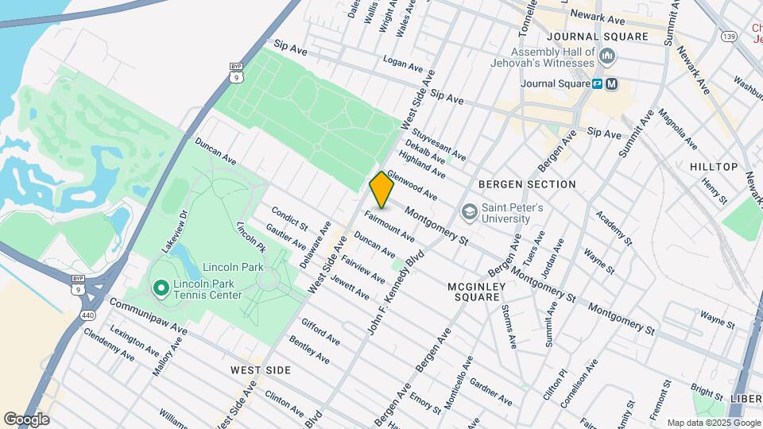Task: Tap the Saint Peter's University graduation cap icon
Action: [x=469, y=212]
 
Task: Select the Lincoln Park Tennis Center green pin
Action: [x=160, y=287]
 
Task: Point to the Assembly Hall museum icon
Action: [x=608, y=56]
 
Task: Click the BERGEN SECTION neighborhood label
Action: [x=527, y=184]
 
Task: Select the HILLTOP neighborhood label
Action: [x=714, y=167]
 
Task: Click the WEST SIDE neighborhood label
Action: [x=261, y=370]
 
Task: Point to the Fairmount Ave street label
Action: [x=389, y=226]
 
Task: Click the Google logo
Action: [x=26, y=419]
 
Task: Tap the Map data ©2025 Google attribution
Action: [x=713, y=423]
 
